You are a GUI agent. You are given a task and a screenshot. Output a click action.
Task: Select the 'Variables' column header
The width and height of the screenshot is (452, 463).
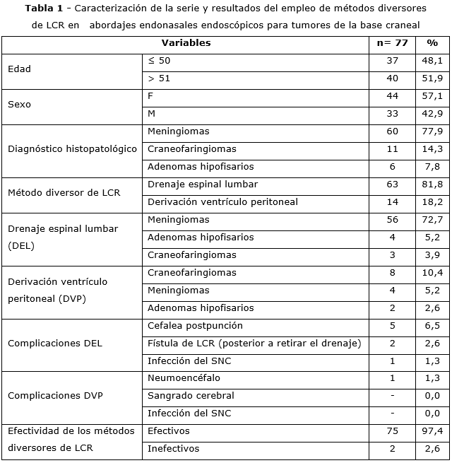coord(186,43)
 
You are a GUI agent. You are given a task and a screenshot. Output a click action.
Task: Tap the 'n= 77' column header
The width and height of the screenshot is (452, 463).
coord(392,43)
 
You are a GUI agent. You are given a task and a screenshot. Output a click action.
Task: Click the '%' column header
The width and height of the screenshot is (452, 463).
coord(432,43)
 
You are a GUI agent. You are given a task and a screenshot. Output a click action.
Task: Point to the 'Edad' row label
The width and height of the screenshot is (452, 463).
coord(19,69)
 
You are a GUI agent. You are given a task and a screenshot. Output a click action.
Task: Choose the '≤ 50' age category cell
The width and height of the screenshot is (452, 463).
coord(159,61)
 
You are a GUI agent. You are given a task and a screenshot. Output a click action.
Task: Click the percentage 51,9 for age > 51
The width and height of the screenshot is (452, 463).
coord(432,78)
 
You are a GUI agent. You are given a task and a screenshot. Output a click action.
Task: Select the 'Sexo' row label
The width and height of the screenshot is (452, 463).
coord(19,105)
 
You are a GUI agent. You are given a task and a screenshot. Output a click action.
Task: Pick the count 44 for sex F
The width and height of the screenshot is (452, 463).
coord(392,96)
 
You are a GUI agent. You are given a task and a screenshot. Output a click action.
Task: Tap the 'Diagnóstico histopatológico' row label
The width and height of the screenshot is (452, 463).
coord(72,149)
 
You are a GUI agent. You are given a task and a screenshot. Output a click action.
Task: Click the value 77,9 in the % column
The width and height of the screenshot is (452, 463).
coord(432,131)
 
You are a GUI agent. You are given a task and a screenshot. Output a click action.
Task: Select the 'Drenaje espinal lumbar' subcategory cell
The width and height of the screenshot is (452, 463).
coord(203,184)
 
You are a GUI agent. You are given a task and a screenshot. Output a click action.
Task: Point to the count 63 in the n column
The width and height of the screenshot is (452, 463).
coord(392,184)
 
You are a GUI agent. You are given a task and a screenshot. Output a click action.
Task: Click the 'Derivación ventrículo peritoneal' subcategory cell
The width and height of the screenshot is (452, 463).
coord(222,202)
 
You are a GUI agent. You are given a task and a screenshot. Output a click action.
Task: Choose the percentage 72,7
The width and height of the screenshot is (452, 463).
coord(432,220)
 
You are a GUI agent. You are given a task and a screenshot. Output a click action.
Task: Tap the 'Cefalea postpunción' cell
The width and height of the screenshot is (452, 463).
coord(195,326)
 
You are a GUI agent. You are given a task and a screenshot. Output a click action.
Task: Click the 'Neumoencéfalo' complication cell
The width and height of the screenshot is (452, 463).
coord(184,378)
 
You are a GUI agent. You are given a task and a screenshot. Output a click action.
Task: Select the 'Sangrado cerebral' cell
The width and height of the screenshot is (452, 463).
coord(191,396)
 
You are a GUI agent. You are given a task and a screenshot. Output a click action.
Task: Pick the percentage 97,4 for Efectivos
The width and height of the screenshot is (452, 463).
coord(432,431)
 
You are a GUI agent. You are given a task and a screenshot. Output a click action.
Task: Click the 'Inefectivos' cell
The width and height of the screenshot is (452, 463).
coord(174,449)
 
